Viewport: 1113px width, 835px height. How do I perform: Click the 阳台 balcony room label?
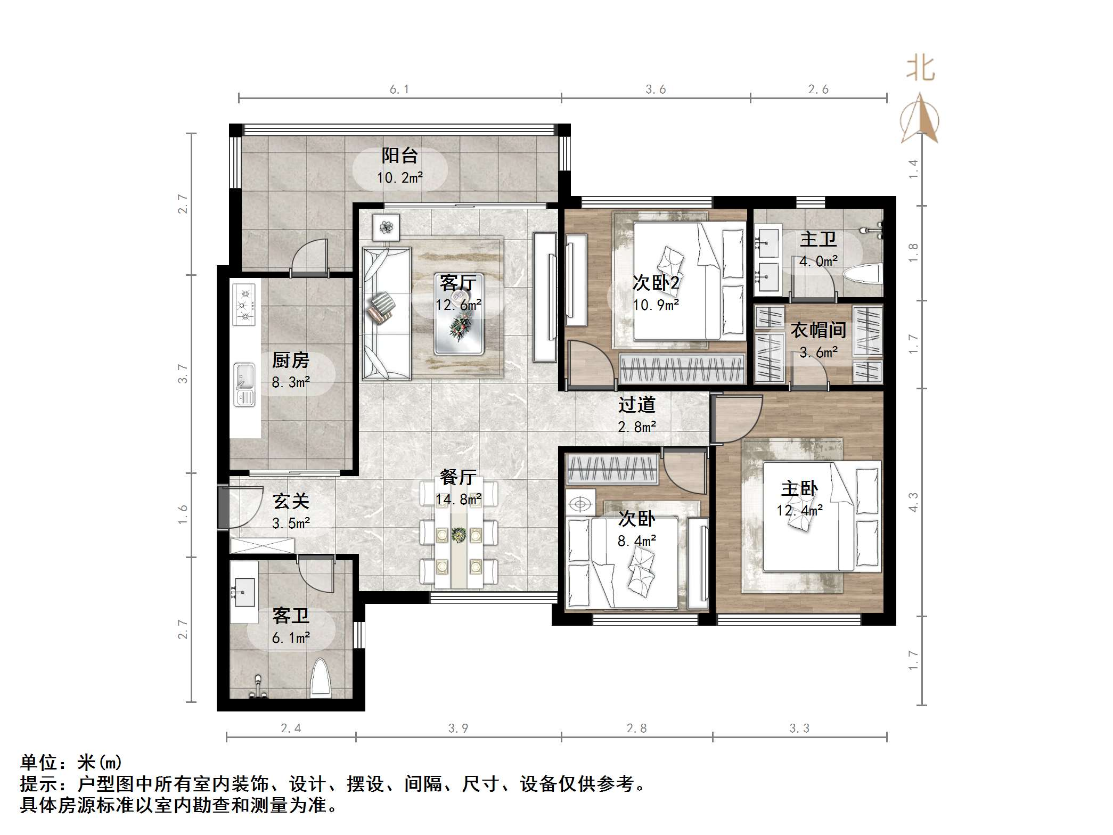tap(399, 155)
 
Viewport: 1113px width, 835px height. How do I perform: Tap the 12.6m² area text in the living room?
tap(458, 305)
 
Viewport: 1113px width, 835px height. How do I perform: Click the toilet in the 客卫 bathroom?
tap(321, 679)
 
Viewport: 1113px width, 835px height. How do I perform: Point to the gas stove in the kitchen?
tap(244, 305)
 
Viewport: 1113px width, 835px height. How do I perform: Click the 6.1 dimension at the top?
tap(399, 89)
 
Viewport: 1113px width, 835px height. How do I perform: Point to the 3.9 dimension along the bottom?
tap(458, 728)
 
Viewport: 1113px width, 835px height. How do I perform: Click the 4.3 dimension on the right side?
tap(913, 503)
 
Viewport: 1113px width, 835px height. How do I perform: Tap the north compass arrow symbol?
tap(920, 119)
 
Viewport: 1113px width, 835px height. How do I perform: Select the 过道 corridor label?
tap(636, 405)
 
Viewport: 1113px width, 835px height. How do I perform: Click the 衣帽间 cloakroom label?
tap(818, 330)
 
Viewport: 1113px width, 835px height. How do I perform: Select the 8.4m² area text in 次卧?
tap(636, 541)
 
